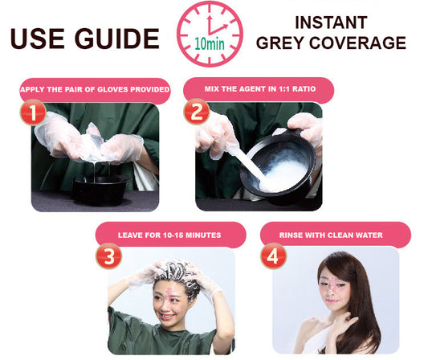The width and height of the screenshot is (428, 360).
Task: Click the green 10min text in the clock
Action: click(x=210, y=43)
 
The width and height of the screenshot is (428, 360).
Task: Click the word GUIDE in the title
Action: click(x=117, y=39)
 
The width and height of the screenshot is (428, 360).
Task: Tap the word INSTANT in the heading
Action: click(x=331, y=22)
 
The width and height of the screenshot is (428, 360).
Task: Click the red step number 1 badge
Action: click(x=33, y=112)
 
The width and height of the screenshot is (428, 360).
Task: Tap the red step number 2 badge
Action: click(x=197, y=112)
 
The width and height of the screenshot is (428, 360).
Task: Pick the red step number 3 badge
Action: click(x=109, y=256)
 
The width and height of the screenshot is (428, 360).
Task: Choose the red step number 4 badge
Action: click(x=273, y=256)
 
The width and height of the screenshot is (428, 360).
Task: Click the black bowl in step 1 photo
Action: click(x=100, y=190)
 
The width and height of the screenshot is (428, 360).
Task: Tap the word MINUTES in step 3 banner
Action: click(x=203, y=235)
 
